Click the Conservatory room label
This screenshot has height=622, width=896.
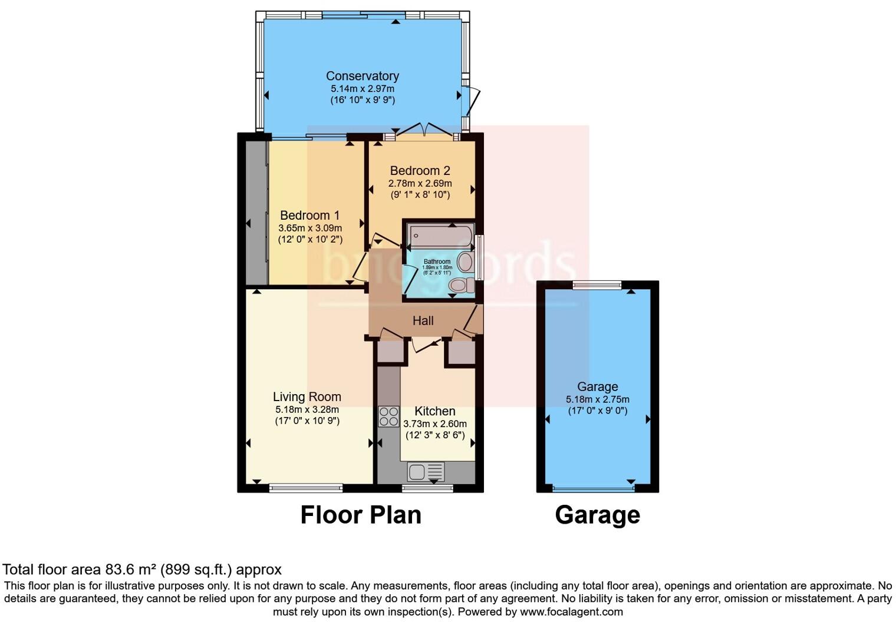pos(362,76)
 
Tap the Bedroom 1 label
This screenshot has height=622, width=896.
pos(309,216)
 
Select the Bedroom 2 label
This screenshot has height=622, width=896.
pos(420,171)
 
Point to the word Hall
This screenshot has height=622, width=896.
pos(423,321)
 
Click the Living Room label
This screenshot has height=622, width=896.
pos(307,397)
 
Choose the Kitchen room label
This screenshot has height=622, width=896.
pos(434,411)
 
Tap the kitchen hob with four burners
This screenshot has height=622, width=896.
pos(388,416)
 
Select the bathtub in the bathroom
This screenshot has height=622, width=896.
pos(440,236)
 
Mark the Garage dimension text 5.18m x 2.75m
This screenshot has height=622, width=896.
pos(597,399)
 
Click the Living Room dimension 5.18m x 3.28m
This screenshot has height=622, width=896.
pos(307,410)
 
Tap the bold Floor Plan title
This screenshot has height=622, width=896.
pos(361,515)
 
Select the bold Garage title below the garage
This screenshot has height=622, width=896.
pos(597,515)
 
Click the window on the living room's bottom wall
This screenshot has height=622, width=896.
pos(306,488)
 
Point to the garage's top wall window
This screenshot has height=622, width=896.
pos(597,286)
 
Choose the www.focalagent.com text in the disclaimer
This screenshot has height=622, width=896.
pos(571,611)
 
